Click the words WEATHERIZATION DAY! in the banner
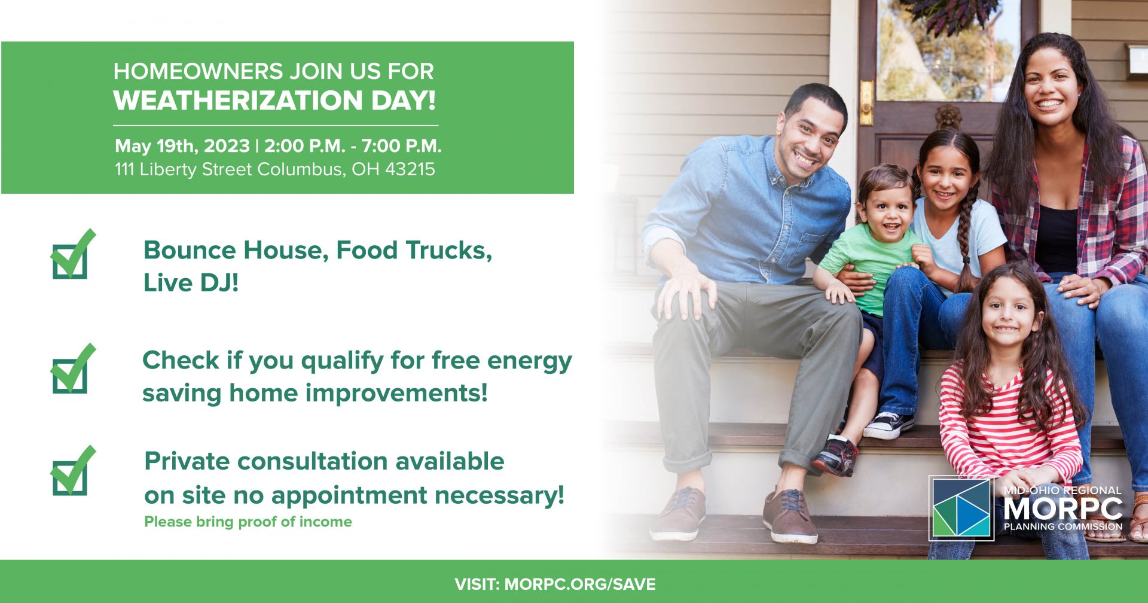click(274, 100)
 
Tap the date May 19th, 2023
click(182, 146)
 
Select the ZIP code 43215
click(410, 169)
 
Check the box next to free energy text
click(72, 369)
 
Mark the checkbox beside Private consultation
click(72, 471)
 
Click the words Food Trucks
click(414, 251)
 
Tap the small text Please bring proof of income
click(248, 522)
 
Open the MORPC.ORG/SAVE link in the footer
click(580, 584)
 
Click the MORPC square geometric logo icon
click(961, 508)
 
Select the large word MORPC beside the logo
click(1063, 509)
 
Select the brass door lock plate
click(866, 102)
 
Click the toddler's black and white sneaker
click(889, 424)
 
